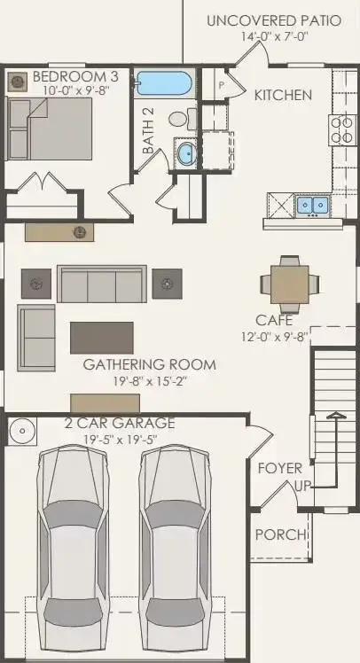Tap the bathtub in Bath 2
click(x=165, y=85)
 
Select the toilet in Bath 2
click(x=176, y=118)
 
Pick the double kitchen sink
click(x=310, y=206)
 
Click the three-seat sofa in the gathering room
click(x=101, y=285)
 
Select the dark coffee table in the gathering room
click(x=102, y=338)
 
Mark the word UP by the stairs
click(x=302, y=487)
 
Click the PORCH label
click(x=280, y=535)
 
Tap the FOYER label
click(x=279, y=468)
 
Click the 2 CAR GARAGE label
click(x=120, y=423)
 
